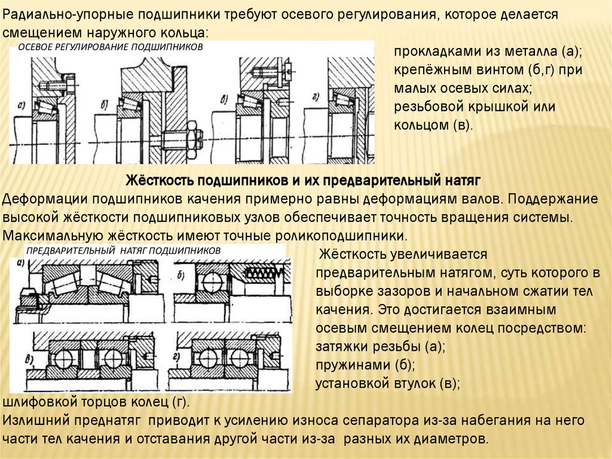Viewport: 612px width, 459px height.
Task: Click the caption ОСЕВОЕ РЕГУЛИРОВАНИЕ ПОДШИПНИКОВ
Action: (x=111, y=47)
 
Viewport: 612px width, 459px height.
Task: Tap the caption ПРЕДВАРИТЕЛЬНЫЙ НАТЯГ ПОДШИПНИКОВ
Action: (x=123, y=251)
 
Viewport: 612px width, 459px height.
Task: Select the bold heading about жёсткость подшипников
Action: (x=303, y=181)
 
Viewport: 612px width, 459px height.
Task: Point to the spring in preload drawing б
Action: (x=262, y=273)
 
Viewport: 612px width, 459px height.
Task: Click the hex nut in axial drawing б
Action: (x=192, y=140)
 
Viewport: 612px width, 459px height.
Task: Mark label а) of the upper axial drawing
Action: (x=22, y=105)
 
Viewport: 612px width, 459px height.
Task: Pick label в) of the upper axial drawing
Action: (x=225, y=101)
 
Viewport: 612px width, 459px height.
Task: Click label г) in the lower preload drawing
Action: (x=176, y=357)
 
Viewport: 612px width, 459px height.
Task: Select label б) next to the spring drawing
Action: (x=180, y=276)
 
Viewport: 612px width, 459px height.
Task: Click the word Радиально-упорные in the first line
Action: (x=66, y=15)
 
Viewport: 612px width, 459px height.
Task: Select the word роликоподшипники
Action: (x=341, y=236)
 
